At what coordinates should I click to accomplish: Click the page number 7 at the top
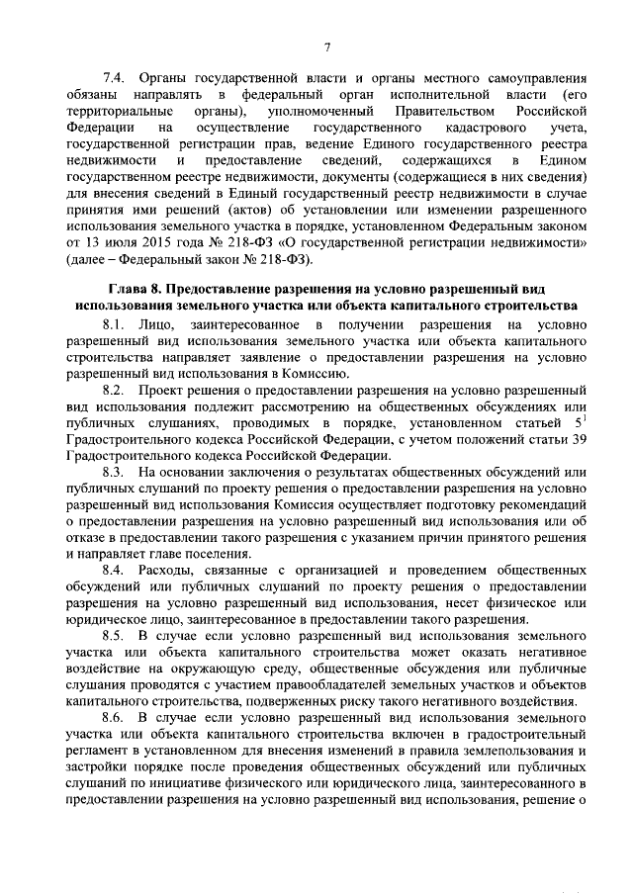tap(326, 47)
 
